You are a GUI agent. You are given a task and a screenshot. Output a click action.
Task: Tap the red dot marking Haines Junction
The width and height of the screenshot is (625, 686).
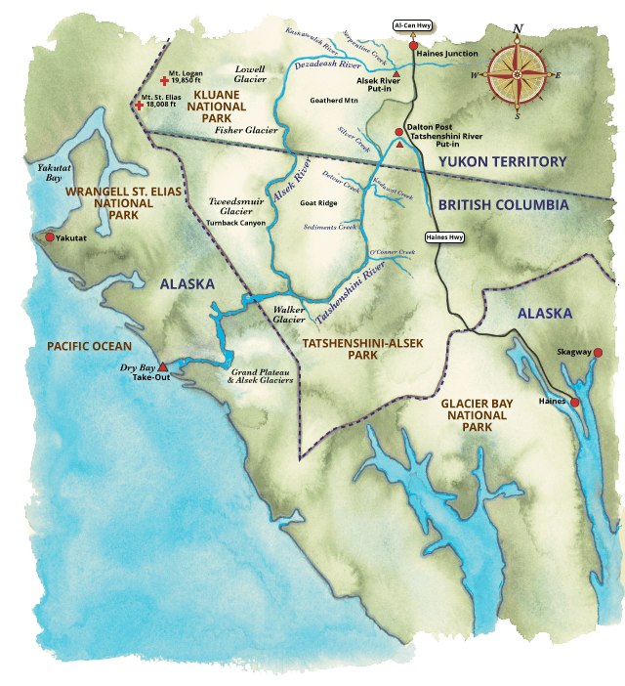point(413,45)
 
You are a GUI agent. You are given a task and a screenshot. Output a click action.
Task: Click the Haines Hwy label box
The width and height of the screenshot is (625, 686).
point(444,236)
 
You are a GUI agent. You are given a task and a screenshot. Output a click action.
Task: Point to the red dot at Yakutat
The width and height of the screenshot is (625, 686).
point(50,236)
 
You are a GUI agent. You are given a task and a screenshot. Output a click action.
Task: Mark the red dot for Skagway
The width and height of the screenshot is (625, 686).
point(598,353)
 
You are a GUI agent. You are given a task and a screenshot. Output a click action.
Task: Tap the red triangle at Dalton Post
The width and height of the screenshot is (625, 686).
point(399,144)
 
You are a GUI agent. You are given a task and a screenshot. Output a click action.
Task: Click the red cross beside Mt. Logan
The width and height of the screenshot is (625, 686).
point(163,81)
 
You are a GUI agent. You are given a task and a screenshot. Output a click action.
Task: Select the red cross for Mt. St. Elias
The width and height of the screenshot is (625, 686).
point(139,104)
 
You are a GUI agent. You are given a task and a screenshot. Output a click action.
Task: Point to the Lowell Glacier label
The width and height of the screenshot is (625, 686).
point(251,74)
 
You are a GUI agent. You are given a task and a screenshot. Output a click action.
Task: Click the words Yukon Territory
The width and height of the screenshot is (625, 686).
point(502,161)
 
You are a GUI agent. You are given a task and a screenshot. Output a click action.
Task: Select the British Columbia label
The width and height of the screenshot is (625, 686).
point(502,205)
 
